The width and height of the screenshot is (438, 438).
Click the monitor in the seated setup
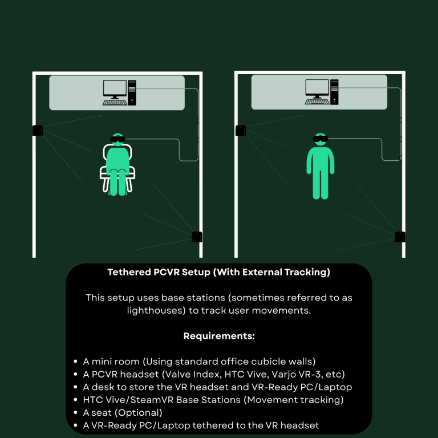[x=115, y=90]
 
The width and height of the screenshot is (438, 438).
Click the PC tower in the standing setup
[x=334, y=92]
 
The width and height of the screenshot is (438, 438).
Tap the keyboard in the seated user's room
[x=115, y=103]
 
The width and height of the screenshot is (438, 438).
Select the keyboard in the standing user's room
[x=317, y=102]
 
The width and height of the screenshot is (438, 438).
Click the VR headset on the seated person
[x=117, y=139]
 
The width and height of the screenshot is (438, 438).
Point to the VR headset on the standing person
[x=320, y=138]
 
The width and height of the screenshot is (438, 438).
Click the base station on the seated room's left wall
[x=38, y=131]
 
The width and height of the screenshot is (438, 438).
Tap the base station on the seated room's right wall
[x=197, y=237]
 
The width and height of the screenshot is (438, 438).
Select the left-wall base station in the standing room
[x=241, y=131]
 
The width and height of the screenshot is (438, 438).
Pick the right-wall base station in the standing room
[x=400, y=237]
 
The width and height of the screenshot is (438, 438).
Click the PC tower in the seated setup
[x=132, y=93]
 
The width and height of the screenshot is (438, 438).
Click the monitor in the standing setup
[x=317, y=89]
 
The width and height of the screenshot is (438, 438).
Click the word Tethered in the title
[x=129, y=272]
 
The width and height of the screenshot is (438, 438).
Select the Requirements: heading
[x=219, y=336]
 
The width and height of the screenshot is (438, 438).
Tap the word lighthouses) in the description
[x=156, y=310]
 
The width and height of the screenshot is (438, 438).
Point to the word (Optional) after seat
[x=138, y=412]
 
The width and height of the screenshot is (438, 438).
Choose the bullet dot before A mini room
[x=75, y=362]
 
